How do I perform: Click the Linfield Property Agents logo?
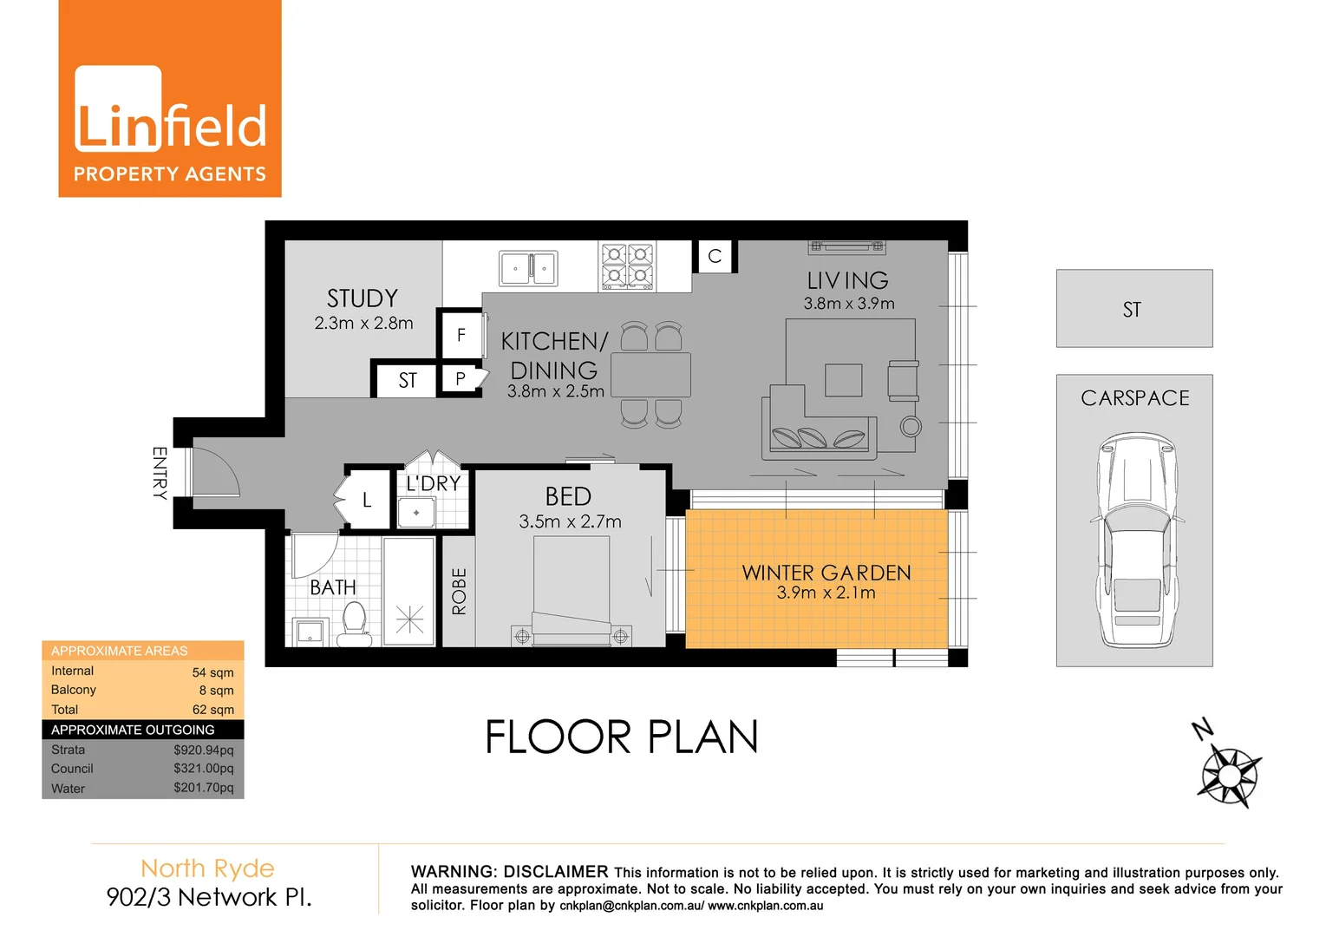[x=170, y=99]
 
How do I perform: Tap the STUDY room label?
[x=363, y=298]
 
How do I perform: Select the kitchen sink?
[x=528, y=269]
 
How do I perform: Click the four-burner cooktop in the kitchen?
[x=627, y=265]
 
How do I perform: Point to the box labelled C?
[x=715, y=257]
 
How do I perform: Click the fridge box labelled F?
[x=461, y=335]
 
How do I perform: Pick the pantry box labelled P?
[x=460, y=379]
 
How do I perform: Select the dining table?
[x=650, y=375]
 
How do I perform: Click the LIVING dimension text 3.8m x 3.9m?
[x=848, y=304]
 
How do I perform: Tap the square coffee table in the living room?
[x=843, y=380]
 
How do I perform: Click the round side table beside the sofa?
[x=911, y=426]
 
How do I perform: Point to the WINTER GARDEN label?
[x=826, y=573]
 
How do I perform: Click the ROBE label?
[x=459, y=591]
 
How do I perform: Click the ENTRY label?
[x=160, y=473]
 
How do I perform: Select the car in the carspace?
[x=1137, y=540]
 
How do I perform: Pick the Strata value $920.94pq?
[x=203, y=750]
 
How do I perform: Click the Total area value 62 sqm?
[x=212, y=710]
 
